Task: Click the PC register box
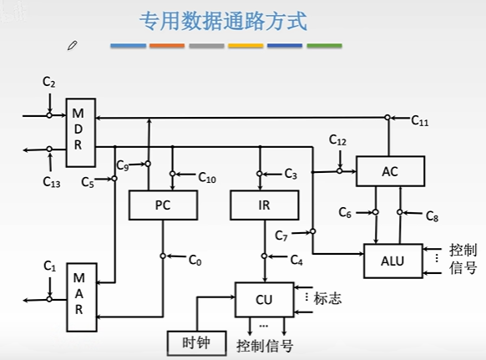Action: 163,205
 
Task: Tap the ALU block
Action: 392,261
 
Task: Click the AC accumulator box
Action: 390,171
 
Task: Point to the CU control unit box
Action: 264,298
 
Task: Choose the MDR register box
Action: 78,128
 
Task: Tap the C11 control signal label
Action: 421,121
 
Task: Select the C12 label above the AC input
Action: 337,139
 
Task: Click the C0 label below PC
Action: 195,261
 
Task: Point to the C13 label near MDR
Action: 52,180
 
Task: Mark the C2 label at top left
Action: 48,83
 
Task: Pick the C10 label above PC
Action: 207,177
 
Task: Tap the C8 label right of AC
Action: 432,215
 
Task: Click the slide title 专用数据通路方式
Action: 222,20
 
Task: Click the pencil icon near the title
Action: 73,44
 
